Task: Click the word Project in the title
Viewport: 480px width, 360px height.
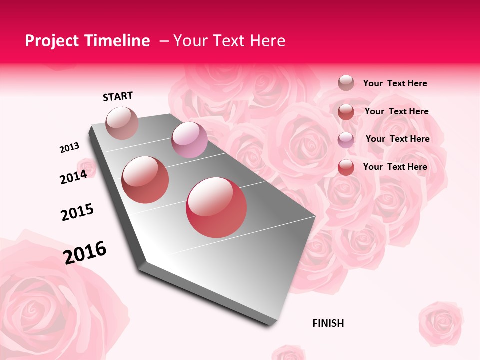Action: (x=52, y=41)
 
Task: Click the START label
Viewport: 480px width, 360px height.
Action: (x=118, y=96)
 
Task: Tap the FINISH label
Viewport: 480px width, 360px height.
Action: (x=328, y=323)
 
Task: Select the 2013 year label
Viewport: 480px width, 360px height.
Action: (x=70, y=148)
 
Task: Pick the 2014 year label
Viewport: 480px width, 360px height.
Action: (x=74, y=177)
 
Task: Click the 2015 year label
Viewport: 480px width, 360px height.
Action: (x=77, y=212)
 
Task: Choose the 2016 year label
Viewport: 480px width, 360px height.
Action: (x=85, y=253)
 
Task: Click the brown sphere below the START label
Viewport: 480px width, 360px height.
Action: (x=122, y=123)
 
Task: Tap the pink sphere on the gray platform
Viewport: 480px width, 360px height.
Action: (x=189, y=140)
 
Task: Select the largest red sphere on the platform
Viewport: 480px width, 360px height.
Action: (x=216, y=207)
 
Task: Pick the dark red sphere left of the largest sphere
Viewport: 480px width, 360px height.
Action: (x=145, y=179)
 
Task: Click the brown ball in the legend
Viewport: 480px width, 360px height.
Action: (x=346, y=83)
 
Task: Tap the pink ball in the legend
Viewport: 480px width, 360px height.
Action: (x=346, y=139)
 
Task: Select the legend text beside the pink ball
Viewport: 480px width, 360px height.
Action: (x=398, y=139)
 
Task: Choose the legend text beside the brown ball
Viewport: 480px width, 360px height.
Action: (x=395, y=83)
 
